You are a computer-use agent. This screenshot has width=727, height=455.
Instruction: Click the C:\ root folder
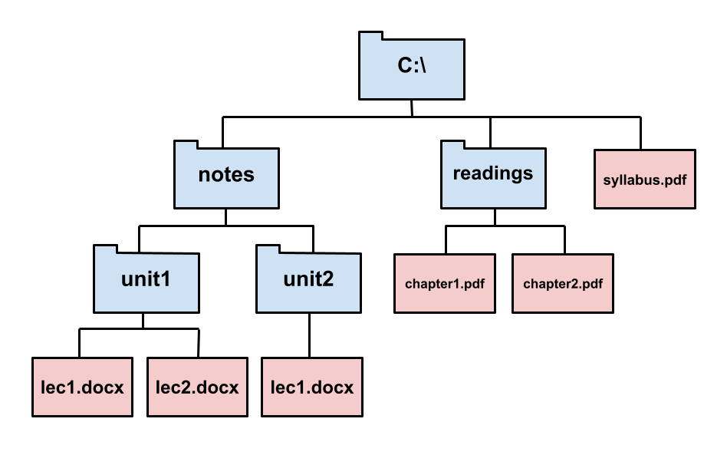412,69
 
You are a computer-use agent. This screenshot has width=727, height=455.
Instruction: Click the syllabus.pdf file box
645,180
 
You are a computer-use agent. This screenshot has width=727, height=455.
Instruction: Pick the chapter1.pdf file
445,284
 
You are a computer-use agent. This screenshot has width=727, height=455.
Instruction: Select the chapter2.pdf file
563,284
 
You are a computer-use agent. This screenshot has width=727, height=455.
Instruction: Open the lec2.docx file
197,387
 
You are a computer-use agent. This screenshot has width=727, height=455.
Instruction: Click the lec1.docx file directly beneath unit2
312,387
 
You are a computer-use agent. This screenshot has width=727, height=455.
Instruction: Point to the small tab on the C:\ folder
370,37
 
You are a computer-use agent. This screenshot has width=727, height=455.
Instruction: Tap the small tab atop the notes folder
186,145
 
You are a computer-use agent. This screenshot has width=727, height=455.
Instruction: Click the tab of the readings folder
452,145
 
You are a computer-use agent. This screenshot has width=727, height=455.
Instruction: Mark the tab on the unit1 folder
105,250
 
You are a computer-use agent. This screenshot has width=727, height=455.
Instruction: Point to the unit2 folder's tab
267,250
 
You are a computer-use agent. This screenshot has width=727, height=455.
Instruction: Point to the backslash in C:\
423,66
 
